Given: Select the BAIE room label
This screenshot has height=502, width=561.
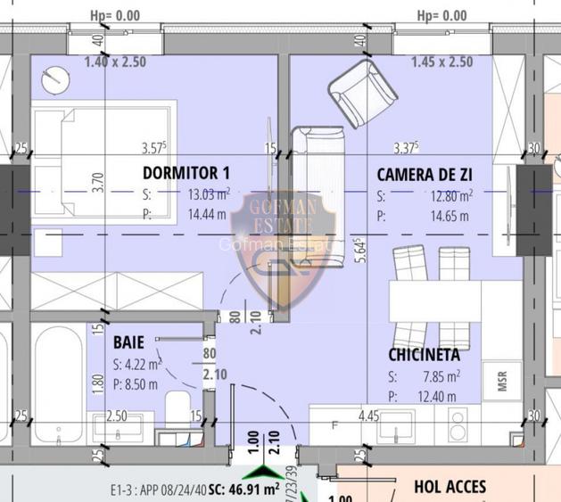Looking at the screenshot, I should point(128,342).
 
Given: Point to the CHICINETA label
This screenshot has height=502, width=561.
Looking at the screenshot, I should point(424,355).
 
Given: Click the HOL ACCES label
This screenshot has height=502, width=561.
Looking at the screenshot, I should point(450,487).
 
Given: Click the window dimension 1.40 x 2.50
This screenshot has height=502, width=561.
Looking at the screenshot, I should point(115,62).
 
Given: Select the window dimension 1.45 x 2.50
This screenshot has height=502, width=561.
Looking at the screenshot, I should point(441,62).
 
